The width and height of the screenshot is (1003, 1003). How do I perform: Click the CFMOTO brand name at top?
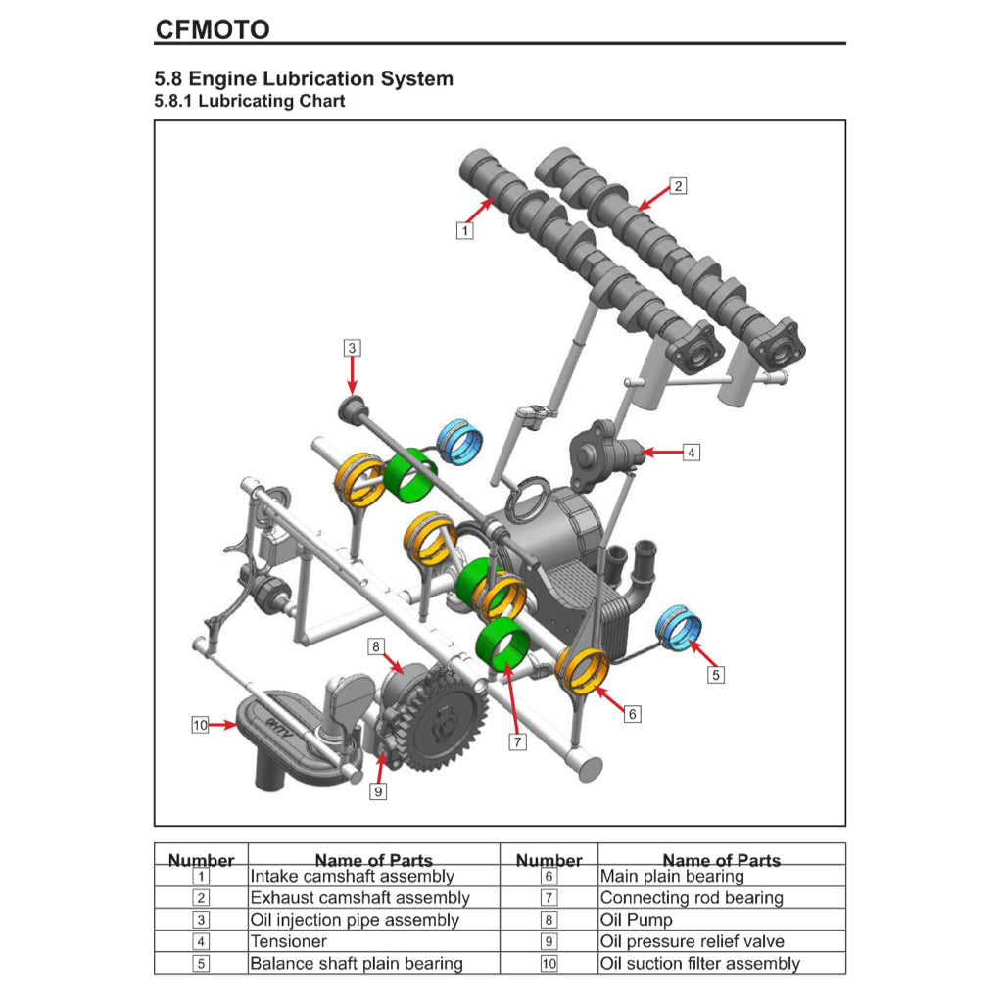(x=212, y=29)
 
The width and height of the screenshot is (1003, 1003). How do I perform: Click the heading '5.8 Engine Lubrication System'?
(x=304, y=78)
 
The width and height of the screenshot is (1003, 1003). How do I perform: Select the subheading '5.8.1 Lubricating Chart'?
(x=250, y=101)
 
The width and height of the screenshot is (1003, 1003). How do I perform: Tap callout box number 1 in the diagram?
(x=464, y=230)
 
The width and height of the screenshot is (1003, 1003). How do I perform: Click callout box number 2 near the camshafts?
(x=678, y=185)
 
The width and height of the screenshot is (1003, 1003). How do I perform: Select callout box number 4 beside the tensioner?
(x=692, y=453)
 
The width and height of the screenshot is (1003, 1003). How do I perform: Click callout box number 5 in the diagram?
(x=716, y=675)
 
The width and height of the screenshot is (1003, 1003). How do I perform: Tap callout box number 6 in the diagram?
(x=633, y=714)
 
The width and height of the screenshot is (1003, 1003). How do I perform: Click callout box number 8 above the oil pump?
(x=375, y=646)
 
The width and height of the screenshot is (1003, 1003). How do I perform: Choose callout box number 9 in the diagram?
(x=378, y=791)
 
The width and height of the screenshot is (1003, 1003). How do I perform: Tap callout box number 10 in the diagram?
(x=200, y=725)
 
